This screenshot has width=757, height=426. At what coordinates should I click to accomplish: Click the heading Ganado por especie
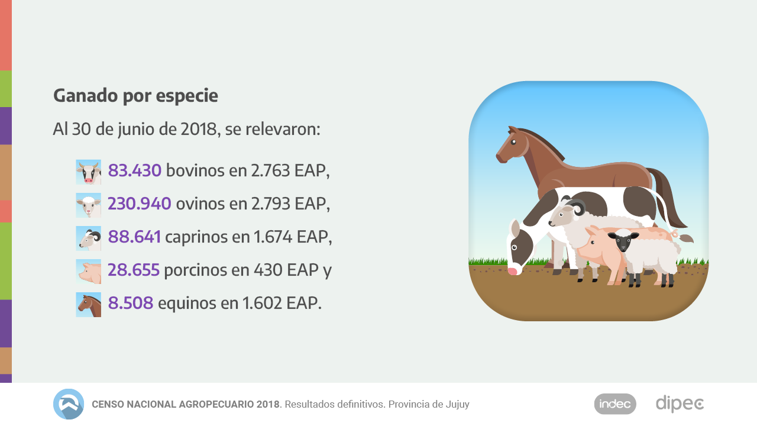pos(135,95)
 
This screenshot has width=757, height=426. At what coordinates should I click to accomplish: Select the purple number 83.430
pos(134,171)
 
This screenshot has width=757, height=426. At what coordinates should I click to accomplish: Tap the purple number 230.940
pos(139,204)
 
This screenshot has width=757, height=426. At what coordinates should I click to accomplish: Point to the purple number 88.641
pos(134,237)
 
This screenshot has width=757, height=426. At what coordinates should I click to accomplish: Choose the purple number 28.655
pos(133,270)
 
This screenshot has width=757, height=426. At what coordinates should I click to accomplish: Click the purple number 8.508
pos(130,304)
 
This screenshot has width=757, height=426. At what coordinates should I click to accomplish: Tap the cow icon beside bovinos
pos(88,172)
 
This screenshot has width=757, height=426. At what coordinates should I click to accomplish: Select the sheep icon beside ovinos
pos(88,205)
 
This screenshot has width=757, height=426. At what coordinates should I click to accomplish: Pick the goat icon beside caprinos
pos(88,238)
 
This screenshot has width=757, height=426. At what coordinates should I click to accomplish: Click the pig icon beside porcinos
pos(88,272)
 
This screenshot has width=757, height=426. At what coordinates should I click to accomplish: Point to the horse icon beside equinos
pos(88,305)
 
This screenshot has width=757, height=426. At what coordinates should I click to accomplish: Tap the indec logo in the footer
pos(615,404)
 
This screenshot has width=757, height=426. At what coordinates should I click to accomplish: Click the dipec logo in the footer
pos(680,404)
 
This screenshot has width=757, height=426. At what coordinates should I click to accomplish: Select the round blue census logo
pos(69,404)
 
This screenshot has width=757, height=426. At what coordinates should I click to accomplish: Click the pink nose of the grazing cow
pos(513,271)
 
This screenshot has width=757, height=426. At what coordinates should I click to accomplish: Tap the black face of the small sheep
pos(624,241)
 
